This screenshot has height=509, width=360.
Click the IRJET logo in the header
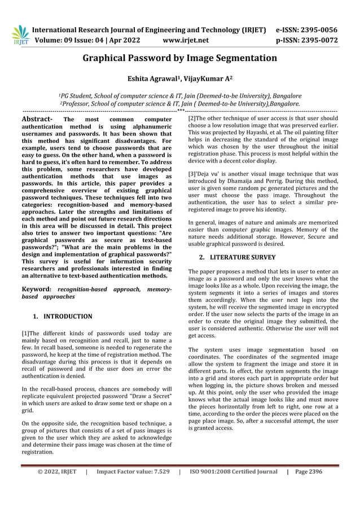click(20, 34)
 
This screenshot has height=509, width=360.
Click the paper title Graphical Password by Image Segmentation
click(180, 58)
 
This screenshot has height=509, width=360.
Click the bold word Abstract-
click(37, 119)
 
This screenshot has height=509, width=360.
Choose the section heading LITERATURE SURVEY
click(247, 257)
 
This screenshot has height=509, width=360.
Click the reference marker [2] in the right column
click(192, 119)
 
